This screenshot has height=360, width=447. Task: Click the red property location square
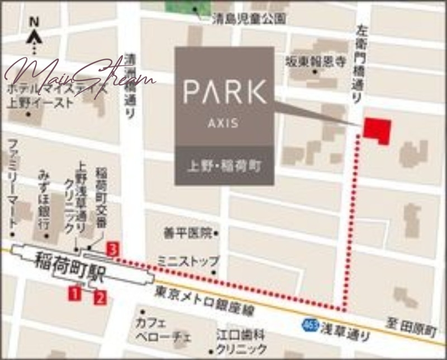(x=377, y=130)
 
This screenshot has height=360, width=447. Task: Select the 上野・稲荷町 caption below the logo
(x=225, y=166)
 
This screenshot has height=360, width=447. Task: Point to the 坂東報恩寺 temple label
(x=316, y=60)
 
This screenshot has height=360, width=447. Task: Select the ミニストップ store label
(x=188, y=261)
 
